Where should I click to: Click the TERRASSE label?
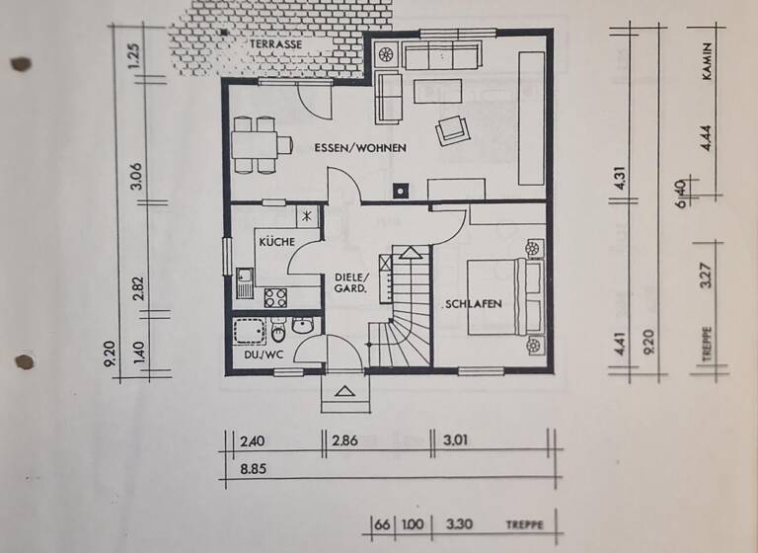275,44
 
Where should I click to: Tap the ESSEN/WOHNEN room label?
361,147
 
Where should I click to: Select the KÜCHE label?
276,241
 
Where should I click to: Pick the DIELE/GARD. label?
350,283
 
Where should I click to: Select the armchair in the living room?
453,129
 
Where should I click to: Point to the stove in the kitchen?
274,295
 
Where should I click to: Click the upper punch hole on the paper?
21,64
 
